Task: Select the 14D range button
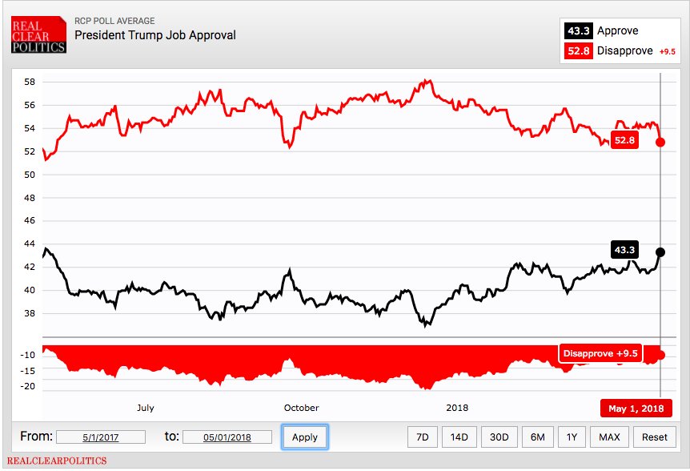[x=459, y=437]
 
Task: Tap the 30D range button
[x=499, y=437]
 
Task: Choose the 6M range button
[x=537, y=437]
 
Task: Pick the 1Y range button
[x=571, y=437]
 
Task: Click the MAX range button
[x=608, y=437]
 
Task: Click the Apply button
[x=304, y=437]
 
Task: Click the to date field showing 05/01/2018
[x=227, y=437]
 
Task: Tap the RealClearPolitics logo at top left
[x=38, y=35]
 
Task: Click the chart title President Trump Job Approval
[x=155, y=35]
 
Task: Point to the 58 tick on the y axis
[x=29, y=83]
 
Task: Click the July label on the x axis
[x=145, y=408]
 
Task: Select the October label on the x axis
[x=301, y=408]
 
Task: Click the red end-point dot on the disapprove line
[x=660, y=142]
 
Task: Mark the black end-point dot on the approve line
[x=660, y=252]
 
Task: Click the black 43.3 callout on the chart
[x=624, y=250]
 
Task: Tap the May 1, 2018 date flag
[x=636, y=409]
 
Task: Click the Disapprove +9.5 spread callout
[x=600, y=353]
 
